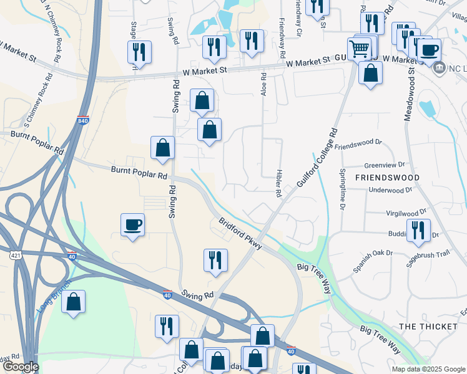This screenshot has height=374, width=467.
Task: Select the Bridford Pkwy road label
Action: click(239, 234)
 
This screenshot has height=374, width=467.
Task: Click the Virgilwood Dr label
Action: click(406, 212)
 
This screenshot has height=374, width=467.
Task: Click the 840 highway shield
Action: click(84, 120)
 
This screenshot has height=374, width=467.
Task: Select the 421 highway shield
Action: click(16, 254)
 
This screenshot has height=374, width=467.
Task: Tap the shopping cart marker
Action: click(360, 49)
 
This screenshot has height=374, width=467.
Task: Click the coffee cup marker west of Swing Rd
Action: click(133, 224)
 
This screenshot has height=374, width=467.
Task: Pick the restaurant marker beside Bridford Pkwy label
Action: click(215, 260)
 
